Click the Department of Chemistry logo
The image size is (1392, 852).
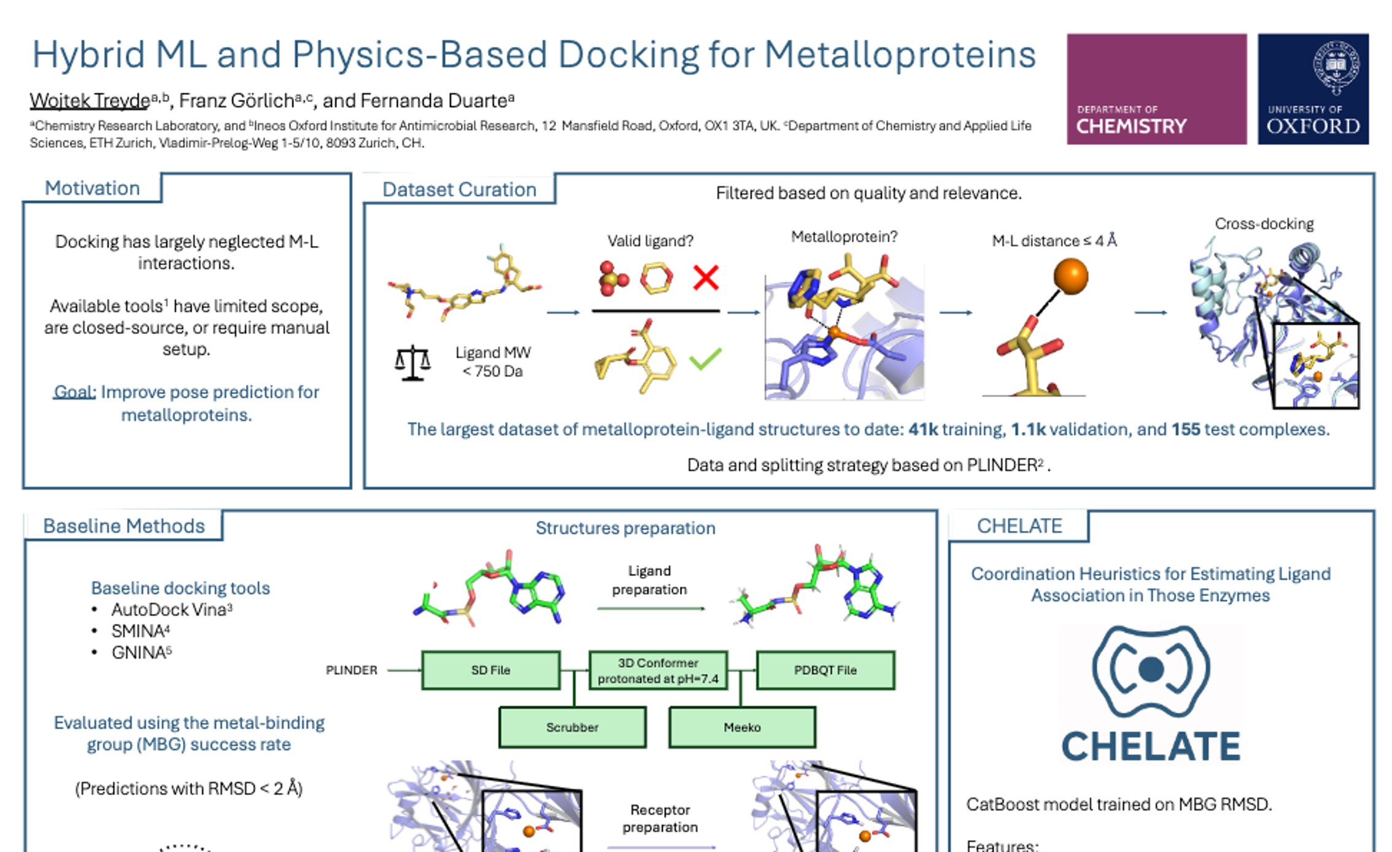pyautogui.click(x=1156, y=89)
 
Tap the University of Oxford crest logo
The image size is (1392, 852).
pyautogui.click(x=1313, y=89)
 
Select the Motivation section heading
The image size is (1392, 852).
pyautogui.click(x=92, y=188)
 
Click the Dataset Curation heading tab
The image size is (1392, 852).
pyautogui.click(x=459, y=190)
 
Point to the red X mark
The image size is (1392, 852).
pyautogui.click(x=706, y=277)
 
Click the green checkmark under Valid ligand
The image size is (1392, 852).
pyautogui.click(x=705, y=358)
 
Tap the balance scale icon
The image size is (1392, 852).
pyautogui.click(x=412, y=363)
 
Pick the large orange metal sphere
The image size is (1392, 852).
pyautogui.click(x=1070, y=276)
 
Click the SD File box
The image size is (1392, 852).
pyautogui.click(x=490, y=670)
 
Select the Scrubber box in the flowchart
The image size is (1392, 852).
pyautogui.click(x=572, y=727)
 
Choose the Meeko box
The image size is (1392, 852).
pyautogui.click(x=742, y=727)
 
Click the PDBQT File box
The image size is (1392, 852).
pyautogui.click(x=825, y=670)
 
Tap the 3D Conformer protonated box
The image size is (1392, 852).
pyautogui.click(x=658, y=670)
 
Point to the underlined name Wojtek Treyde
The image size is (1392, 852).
pyautogui.click(x=90, y=101)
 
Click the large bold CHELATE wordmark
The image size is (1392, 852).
pyautogui.click(x=1151, y=746)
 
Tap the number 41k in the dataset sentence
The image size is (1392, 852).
pyautogui.click(x=923, y=429)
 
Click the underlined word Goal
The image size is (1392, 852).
pyautogui.click(x=74, y=392)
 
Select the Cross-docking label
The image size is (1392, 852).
pyautogui.click(x=1264, y=224)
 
